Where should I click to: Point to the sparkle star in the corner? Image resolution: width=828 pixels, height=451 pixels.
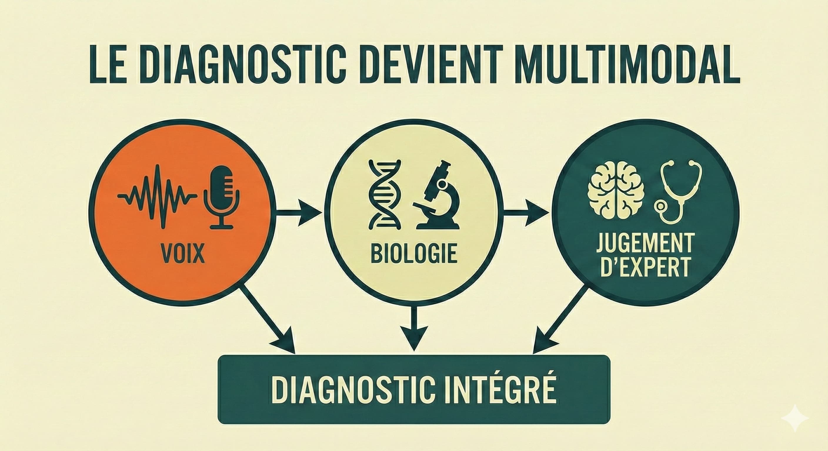coord(799,418)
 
